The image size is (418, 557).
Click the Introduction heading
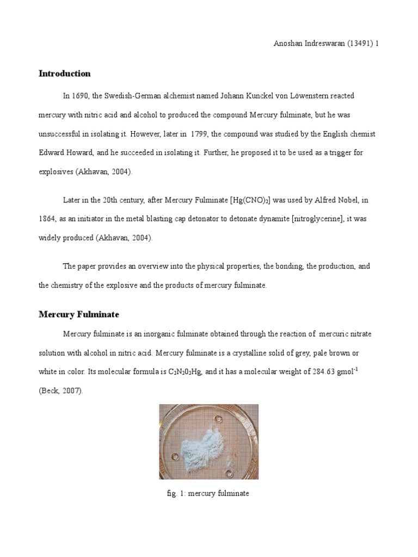point(64,73)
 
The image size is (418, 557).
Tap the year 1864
point(48,219)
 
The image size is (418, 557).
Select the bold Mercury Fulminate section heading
point(79,314)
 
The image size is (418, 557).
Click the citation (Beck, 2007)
point(61,391)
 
